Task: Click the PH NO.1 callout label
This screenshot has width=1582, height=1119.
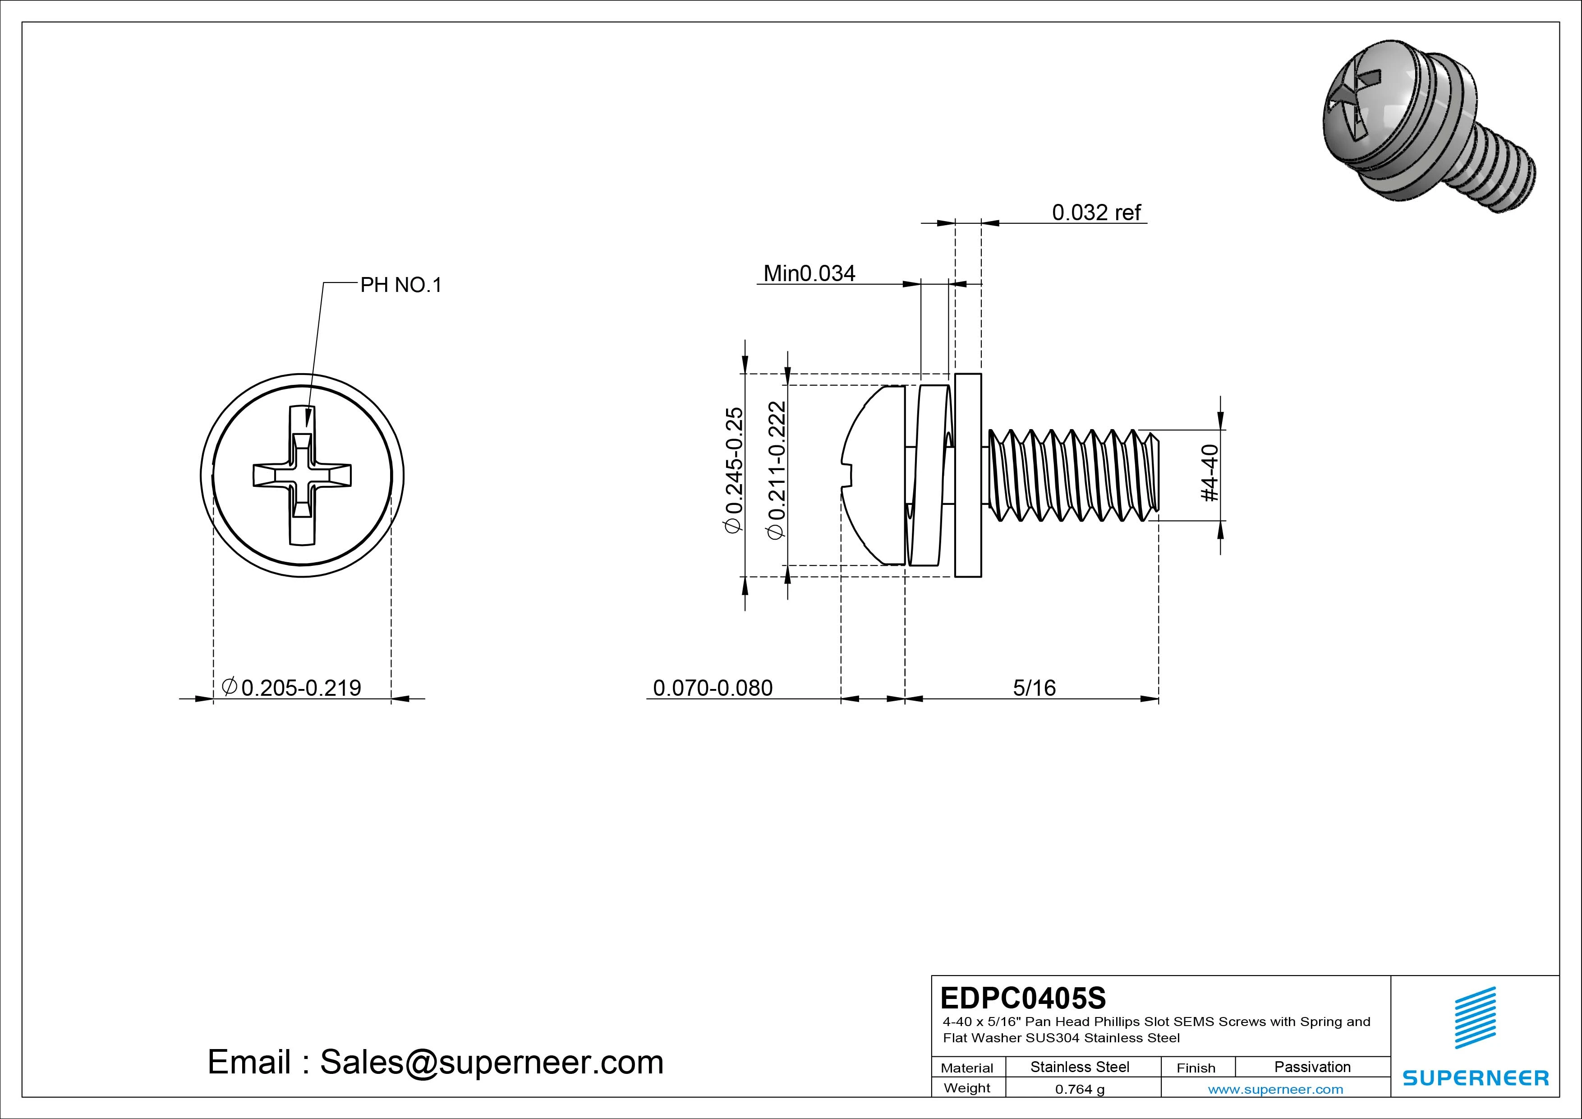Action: pos(400,285)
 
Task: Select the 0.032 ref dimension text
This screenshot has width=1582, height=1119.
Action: pos(1096,213)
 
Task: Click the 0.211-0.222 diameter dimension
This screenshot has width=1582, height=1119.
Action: pos(777,470)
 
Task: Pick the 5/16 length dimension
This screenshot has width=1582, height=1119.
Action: pos(1034,687)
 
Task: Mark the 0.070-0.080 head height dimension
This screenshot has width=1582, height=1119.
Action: pos(713,687)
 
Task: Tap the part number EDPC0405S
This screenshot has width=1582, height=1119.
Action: pos(1022,998)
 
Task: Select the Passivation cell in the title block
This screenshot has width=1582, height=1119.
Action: pos(1312,1067)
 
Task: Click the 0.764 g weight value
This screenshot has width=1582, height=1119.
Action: pos(1080,1089)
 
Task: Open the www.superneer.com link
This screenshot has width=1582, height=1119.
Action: pos(1275,1089)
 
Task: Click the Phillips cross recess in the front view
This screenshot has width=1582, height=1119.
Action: pos(302,476)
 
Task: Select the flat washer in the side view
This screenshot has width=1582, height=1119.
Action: pos(968,476)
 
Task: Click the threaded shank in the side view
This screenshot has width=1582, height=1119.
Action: pos(1072,476)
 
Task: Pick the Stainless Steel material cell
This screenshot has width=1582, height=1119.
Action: pos(1080,1067)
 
